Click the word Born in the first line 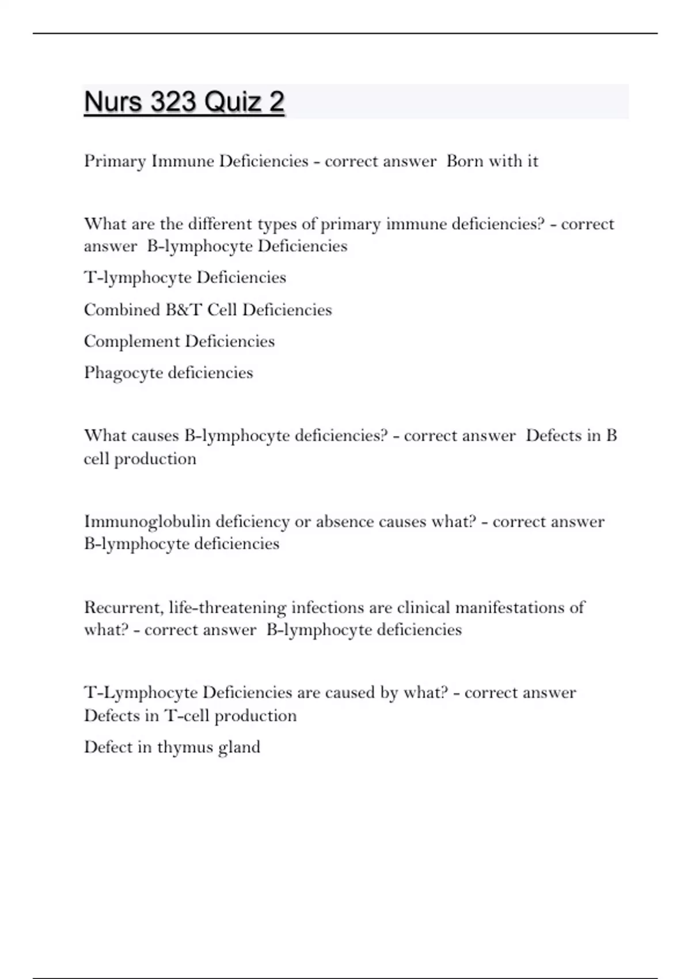465,161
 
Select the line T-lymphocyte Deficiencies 185,278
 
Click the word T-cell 187,716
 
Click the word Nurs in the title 113,102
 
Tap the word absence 345,522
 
